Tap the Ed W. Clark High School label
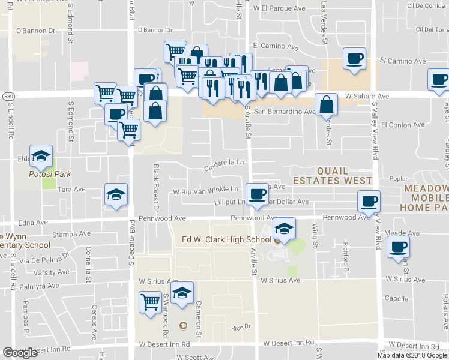(227, 240)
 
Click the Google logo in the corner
(20, 353)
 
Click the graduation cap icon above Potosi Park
(41, 156)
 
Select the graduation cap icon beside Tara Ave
(116, 194)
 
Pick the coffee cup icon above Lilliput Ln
(258, 194)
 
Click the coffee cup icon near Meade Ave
(397, 247)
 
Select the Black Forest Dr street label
(155, 188)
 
